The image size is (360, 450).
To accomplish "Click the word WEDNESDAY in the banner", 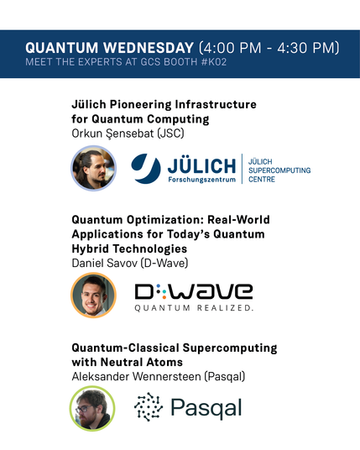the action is (149, 48).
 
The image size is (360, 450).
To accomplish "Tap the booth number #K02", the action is (214, 62).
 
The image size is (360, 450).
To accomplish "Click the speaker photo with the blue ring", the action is (93, 168).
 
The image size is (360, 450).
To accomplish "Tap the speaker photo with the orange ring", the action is (93, 296).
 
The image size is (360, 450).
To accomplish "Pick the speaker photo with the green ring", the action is (92, 409).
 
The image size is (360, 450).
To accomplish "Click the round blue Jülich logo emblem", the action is (146, 168).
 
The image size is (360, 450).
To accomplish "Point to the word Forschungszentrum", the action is (201, 180).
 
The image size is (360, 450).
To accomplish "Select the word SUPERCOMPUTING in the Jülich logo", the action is (279, 170).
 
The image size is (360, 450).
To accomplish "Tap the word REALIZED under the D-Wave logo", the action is (225, 308).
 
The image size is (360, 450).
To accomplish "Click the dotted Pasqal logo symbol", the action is (149, 406).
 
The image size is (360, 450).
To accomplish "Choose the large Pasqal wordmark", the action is (206, 408).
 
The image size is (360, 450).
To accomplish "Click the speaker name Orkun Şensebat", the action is (113, 133).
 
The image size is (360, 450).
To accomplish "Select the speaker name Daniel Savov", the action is (104, 263).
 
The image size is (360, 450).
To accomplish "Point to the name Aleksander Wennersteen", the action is (136, 376).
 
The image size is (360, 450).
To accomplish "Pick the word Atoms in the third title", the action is (164, 362).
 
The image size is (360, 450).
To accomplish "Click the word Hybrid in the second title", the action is (90, 249).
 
